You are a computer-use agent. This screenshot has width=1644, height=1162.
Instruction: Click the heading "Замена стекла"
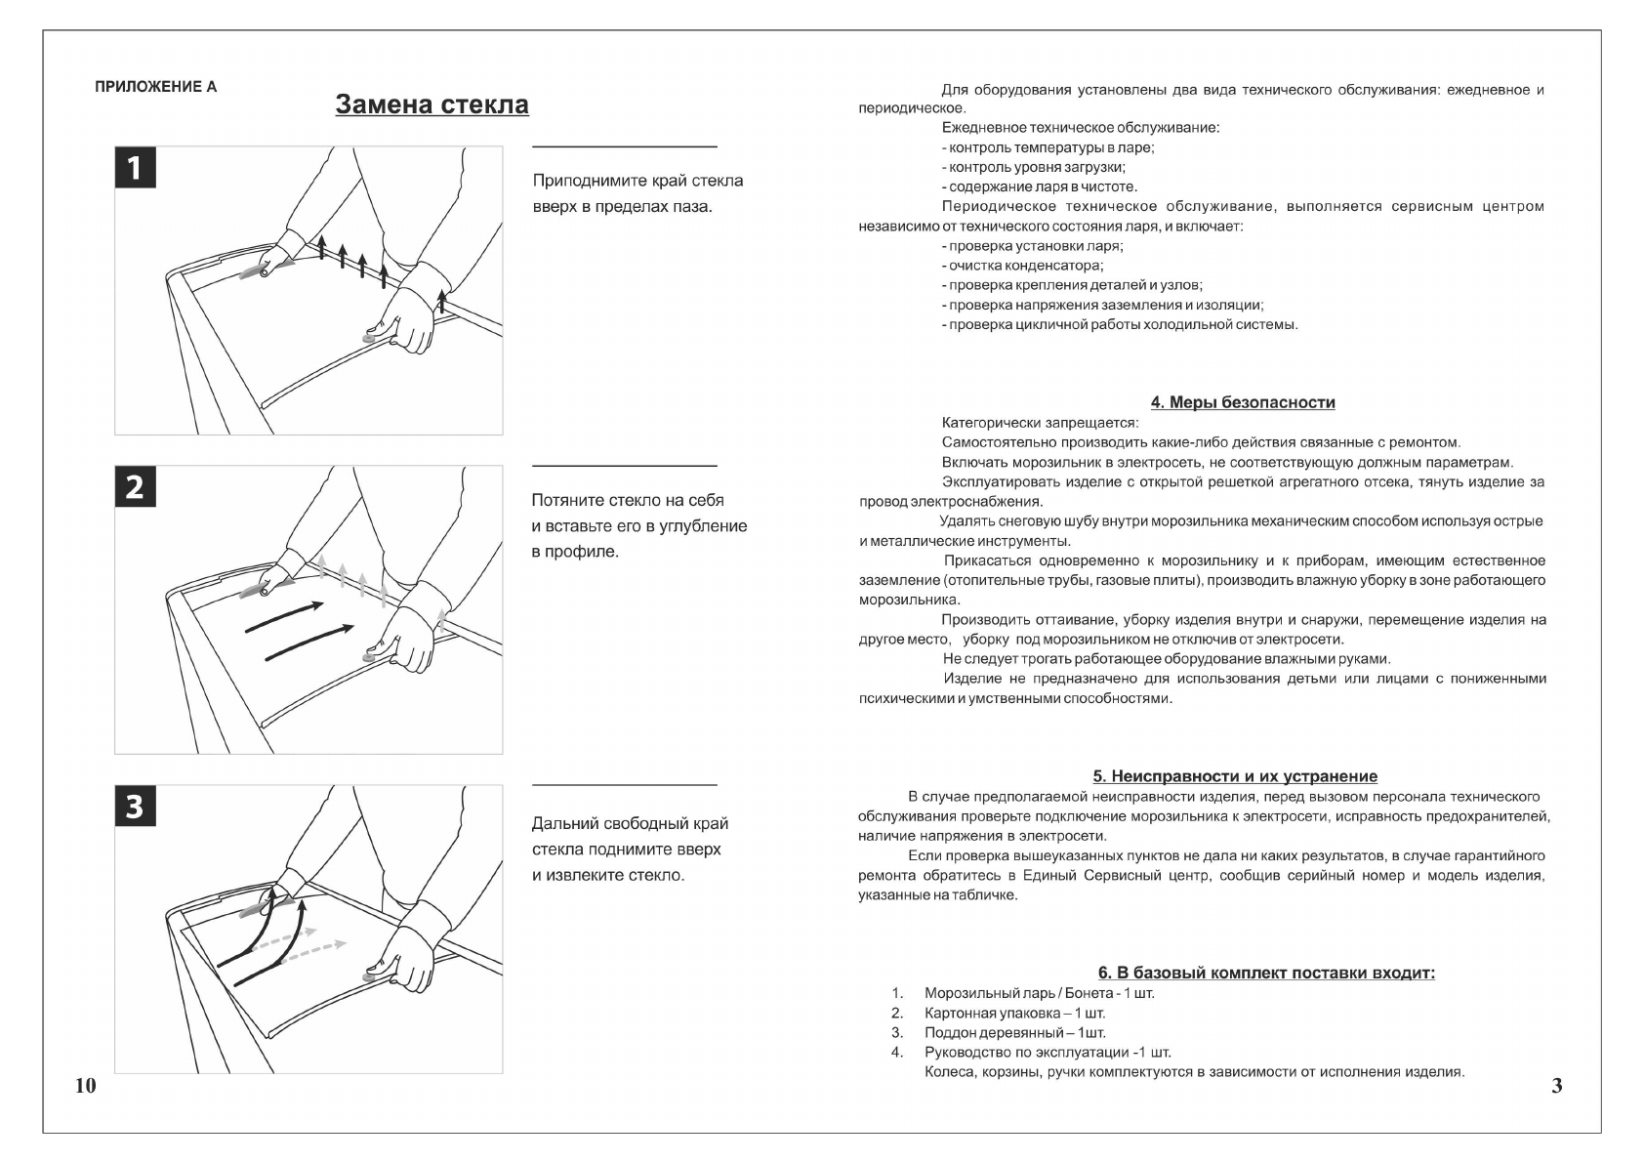coord(432,104)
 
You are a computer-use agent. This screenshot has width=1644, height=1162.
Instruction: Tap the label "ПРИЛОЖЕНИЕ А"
coord(156,87)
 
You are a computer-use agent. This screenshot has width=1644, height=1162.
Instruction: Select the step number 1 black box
coord(135,168)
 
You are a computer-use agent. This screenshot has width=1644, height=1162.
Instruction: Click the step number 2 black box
coord(135,486)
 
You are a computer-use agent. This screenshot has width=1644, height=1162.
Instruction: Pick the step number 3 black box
coord(135,807)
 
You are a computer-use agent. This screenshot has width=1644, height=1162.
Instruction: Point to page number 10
coord(86,1086)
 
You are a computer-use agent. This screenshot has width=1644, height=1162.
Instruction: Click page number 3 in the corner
coord(1557,1086)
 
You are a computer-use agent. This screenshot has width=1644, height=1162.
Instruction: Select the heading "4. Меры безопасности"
coord(1243,402)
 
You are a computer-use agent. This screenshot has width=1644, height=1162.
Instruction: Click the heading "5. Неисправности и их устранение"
coord(1235,776)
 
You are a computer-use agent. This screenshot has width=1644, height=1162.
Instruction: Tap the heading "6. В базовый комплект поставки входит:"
coord(1266,973)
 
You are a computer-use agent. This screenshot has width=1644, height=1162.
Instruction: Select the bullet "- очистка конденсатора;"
coord(1022,266)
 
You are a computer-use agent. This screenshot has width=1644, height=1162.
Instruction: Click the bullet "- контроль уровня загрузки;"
coord(1033,167)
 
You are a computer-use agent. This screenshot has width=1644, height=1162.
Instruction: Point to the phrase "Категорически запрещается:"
coord(1039,423)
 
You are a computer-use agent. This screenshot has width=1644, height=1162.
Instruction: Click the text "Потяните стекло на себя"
coord(628,500)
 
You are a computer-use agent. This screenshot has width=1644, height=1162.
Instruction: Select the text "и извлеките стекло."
coord(608,875)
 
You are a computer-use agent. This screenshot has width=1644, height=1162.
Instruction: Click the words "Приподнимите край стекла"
coord(637,181)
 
